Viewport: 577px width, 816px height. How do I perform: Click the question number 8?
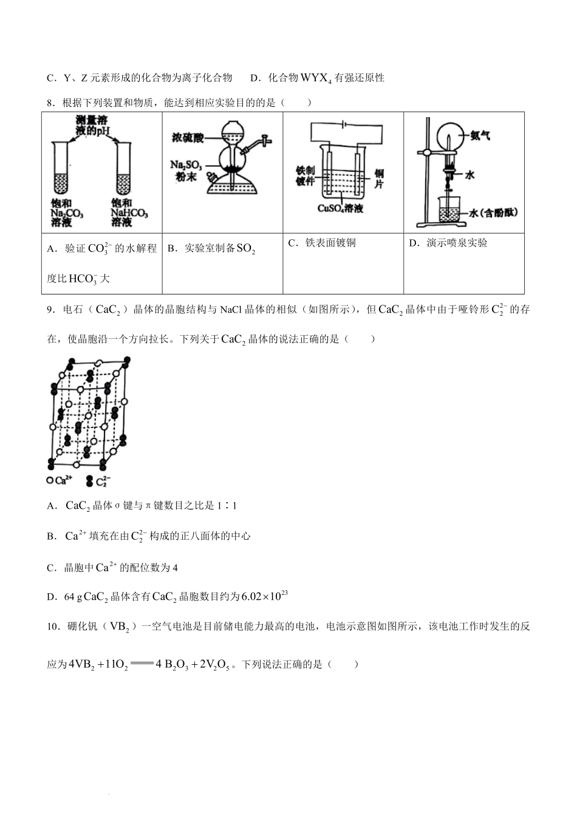point(51,103)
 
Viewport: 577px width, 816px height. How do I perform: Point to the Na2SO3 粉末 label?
point(186,170)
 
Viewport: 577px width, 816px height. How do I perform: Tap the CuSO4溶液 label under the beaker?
point(340,208)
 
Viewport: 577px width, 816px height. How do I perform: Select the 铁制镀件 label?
point(306,175)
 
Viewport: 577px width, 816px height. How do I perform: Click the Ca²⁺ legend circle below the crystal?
point(50,480)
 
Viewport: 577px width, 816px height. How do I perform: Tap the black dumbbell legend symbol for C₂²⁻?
point(89,481)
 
